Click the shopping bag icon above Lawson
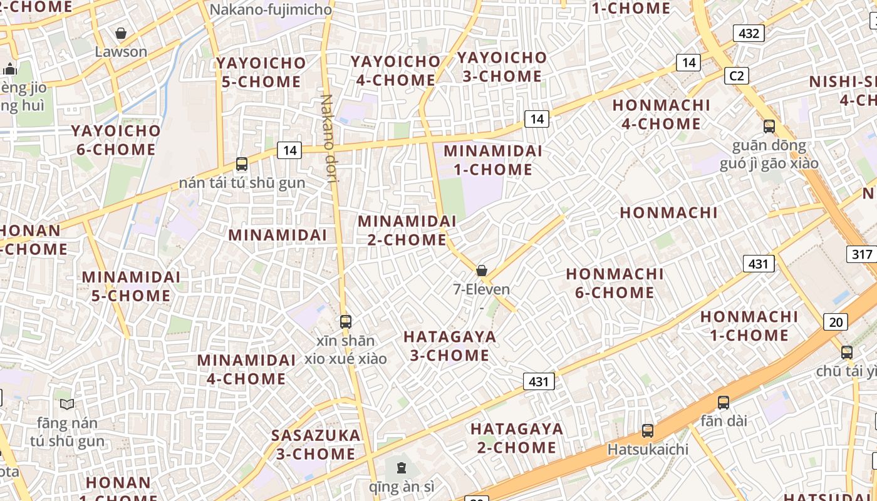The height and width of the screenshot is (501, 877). point(121,33)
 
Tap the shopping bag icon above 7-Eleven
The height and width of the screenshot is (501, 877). point(482,271)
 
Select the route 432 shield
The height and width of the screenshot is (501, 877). point(749,33)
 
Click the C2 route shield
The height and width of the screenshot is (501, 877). point(737,76)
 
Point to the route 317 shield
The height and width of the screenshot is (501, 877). point(862,254)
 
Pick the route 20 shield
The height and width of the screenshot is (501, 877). point(836,322)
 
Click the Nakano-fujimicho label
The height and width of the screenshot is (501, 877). point(271,9)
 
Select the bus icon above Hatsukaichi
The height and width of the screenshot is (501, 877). point(648,431)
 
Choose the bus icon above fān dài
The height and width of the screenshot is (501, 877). point(724,403)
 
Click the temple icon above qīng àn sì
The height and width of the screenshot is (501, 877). point(401,467)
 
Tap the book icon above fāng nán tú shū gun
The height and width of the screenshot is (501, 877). point(67,405)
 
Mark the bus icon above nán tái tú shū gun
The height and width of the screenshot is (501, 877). point(242,164)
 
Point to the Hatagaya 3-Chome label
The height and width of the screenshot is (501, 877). point(449,346)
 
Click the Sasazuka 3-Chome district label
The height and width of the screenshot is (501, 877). point(316,444)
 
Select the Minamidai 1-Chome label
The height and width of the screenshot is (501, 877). point(492,160)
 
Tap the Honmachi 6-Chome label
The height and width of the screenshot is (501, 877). point(615,283)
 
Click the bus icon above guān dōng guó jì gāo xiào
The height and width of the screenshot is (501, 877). point(769,127)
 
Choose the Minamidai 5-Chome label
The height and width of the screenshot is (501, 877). point(131,286)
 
